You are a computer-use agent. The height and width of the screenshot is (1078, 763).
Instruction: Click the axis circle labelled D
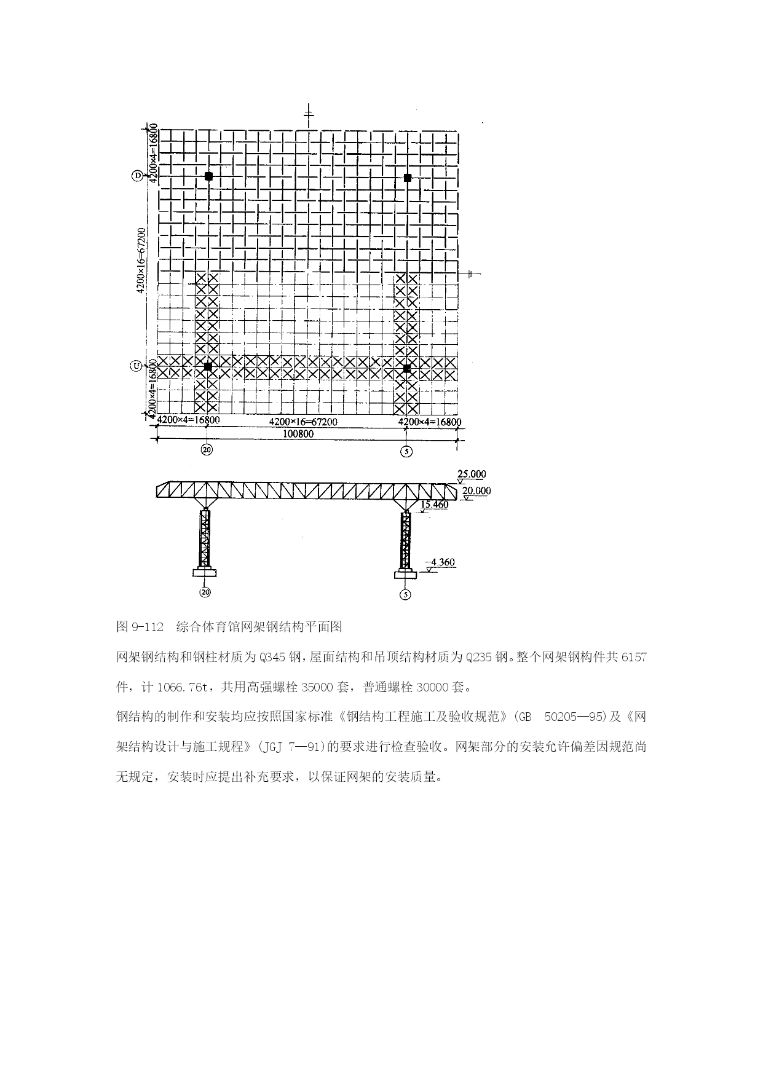click(x=137, y=176)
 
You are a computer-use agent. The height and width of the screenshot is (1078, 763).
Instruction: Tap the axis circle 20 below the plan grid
click(x=207, y=450)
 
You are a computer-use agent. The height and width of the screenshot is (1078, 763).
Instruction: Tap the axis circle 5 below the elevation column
click(x=405, y=594)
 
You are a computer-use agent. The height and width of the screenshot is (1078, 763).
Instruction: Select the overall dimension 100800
click(x=298, y=434)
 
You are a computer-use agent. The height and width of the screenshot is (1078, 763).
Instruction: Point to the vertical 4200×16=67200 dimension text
click(x=141, y=260)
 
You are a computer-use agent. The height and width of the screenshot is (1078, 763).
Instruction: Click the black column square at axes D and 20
click(x=208, y=176)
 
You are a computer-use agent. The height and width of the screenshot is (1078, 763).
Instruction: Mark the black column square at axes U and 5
click(x=406, y=369)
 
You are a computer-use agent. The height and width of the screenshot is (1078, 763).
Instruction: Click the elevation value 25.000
click(x=472, y=474)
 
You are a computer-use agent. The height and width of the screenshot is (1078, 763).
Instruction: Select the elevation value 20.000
click(x=476, y=491)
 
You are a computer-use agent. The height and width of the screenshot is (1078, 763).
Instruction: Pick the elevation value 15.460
click(x=435, y=505)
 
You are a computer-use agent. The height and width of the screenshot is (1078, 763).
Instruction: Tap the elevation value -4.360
click(x=441, y=562)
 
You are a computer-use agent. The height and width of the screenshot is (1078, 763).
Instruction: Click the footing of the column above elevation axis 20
click(x=205, y=573)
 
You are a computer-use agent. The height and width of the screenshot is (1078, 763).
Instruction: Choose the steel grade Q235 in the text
click(x=479, y=657)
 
